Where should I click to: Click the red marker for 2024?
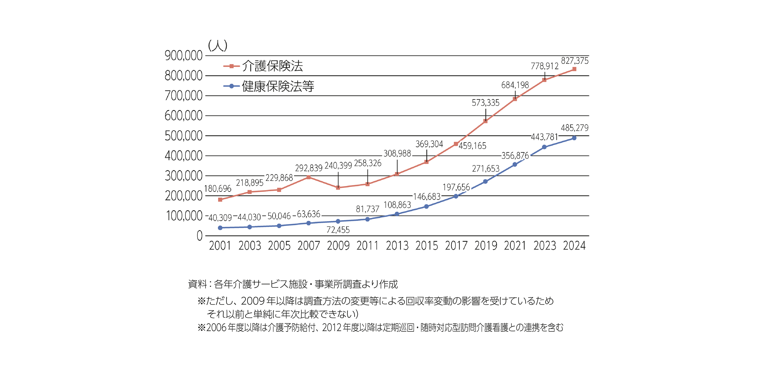pyautogui.click(x=574, y=69)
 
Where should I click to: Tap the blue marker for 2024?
pyautogui.click(x=574, y=138)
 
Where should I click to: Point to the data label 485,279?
pyautogui.click(x=575, y=128)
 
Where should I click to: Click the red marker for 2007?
pyautogui.click(x=308, y=177)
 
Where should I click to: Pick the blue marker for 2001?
pyautogui.click(x=220, y=228)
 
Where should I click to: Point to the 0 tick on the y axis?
pyautogui.click(x=199, y=236)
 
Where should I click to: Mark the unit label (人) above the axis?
pyautogui.click(x=218, y=46)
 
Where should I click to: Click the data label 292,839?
pyautogui.click(x=308, y=168)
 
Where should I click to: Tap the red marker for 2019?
pyautogui.click(x=486, y=121)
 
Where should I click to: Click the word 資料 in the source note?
pyautogui.click(x=197, y=284)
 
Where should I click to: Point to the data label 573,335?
pyautogui.click(x=485, y=103)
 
